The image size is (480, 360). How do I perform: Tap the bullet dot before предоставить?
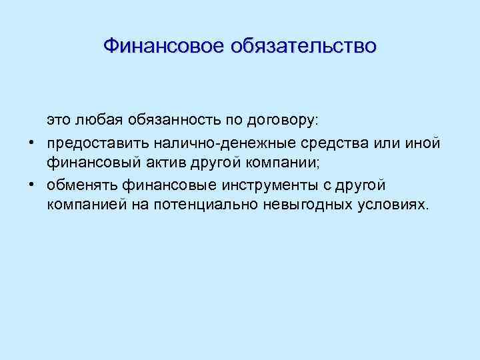31,143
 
